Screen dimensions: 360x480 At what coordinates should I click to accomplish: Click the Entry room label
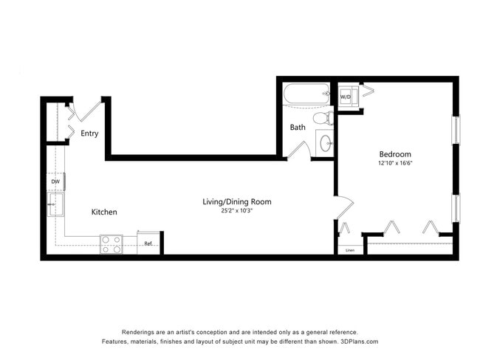click(89, 134)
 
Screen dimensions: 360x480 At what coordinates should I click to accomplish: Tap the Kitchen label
click(104, 212)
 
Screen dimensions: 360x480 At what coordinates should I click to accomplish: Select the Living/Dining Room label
click(237, 201)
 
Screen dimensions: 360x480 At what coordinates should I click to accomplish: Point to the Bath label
click(298, 128)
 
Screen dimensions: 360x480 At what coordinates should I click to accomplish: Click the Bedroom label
click(395, 154)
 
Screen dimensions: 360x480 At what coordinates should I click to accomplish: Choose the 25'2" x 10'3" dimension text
click(237, 212)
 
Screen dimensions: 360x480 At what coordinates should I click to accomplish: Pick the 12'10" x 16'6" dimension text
click(395, 163)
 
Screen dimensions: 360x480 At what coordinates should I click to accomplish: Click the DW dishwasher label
click(55, 181)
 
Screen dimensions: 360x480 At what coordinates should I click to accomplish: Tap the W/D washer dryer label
click(346, 97)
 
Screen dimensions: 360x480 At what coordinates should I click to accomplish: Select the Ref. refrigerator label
click(148, 243)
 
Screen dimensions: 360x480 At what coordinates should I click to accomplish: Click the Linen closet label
click(349, 250)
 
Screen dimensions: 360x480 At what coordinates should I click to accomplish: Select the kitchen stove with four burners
click(112, 244)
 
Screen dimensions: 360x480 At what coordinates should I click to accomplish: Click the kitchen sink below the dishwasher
click(54, 203)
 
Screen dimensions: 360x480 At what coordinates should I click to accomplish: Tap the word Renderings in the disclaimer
click(140, 332)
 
